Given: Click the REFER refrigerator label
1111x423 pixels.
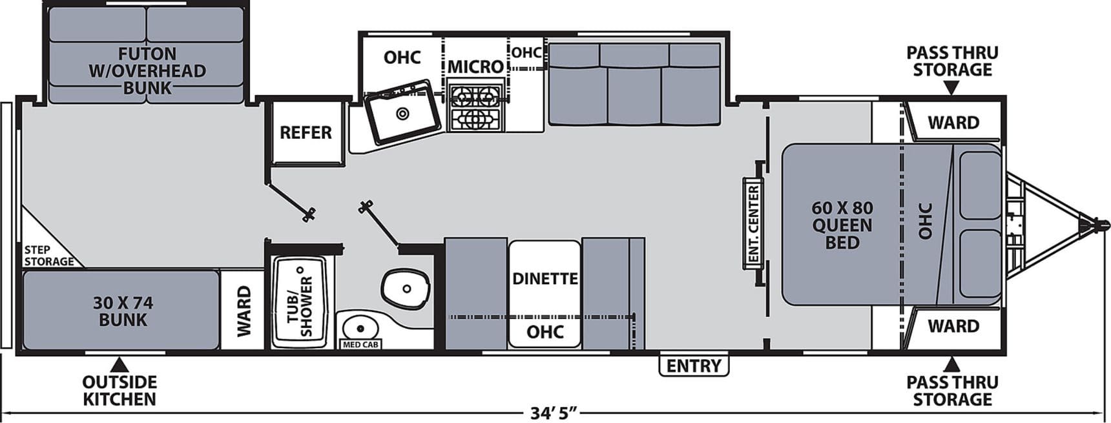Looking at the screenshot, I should coord(306,132).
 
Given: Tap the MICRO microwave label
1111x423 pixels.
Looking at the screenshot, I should coord(475,67).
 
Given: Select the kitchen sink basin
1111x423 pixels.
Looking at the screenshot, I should coord(402,114).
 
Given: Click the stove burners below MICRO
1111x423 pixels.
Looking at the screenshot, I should coord(475,107).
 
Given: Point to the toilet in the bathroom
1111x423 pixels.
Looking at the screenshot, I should coord(405,288).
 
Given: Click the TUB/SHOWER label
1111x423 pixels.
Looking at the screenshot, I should coord(300,302).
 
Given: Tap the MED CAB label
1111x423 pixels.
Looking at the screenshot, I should coord(360,345).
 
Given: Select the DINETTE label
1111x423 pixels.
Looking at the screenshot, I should coord(545,278).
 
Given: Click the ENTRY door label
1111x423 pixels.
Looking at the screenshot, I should coord(694,366).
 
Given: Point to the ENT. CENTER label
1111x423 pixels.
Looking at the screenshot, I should coord(753,224).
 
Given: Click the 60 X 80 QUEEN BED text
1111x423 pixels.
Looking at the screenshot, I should coord(842,225).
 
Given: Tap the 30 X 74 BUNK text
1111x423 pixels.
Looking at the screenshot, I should coord(123,311).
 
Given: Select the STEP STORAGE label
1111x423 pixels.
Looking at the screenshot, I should coord(48,256).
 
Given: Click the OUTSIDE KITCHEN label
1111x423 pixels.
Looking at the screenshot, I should coord(119,390).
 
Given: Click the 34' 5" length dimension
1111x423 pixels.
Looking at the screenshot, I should coord(553,413).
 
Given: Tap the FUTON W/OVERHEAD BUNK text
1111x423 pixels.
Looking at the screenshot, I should coord(147,70).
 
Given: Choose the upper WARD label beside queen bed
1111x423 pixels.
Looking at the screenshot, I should coord(953,122).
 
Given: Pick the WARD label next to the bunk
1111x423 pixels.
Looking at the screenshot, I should coord(244,311).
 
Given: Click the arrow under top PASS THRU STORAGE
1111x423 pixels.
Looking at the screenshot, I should coord(951,87).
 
